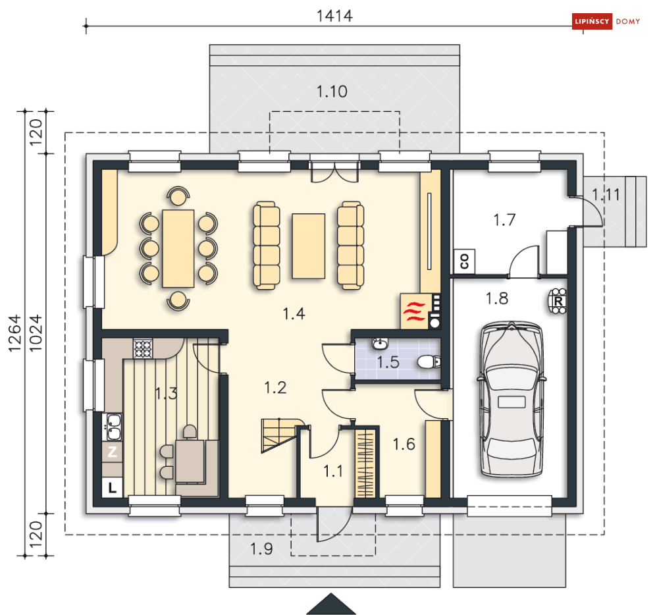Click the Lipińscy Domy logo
pos(606,21)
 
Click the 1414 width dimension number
pos(334,16)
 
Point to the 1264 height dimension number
pos(14,333)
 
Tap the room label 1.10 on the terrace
pos(332,92)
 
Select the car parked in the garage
pos(512,399)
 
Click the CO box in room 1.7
pos(464,261)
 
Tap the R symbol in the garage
pos(558,301)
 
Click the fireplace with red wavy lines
pos(414,311)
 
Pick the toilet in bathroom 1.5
pos(429,361)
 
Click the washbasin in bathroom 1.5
pos(380,344)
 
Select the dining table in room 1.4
pos(178,248)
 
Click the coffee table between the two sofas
pos(309,246)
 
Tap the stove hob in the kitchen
pos(143,348)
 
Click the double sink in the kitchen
pos(113,427)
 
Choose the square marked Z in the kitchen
pos(112,452)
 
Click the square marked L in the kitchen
pos(112,487)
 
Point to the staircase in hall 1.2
pos(278,435)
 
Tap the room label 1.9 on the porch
pos(261,548)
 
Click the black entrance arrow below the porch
pos(331,604)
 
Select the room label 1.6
pos(404,444)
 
